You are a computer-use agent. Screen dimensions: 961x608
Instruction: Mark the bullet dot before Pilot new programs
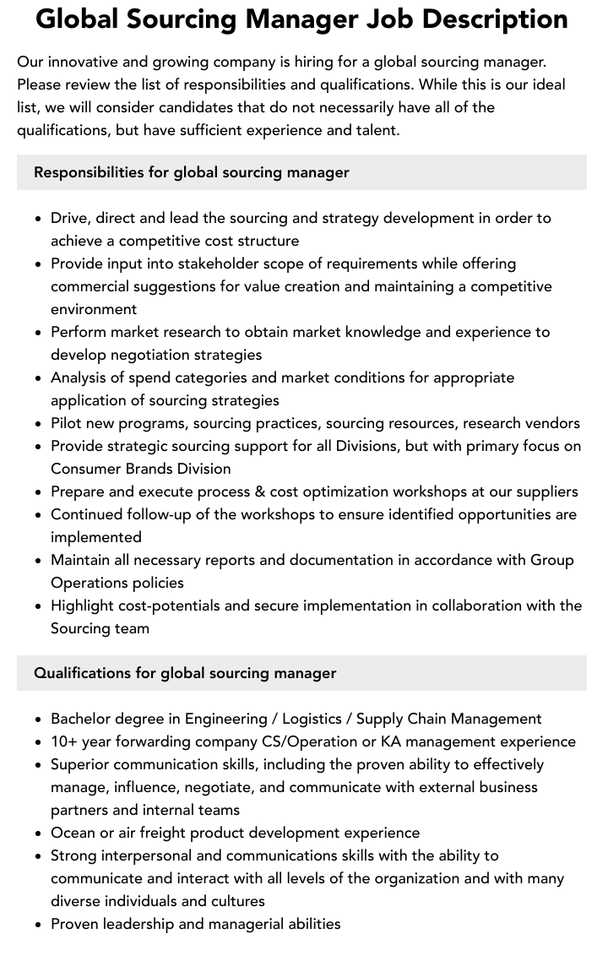pyautogui.click(x=39, y=424)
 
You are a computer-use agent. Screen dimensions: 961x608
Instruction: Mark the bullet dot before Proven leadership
pyautogui.click(x=39, y=925)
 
